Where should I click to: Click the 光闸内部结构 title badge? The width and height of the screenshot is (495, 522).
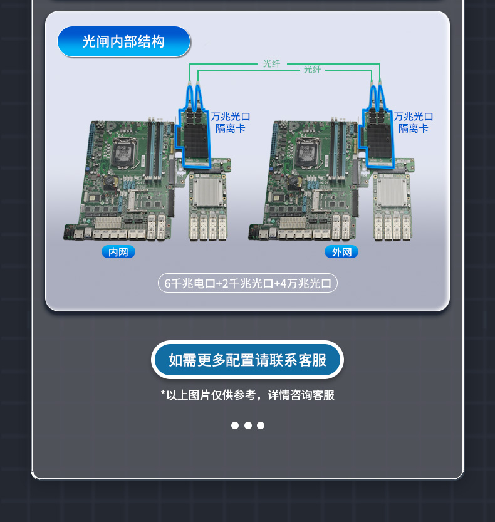[124, 41]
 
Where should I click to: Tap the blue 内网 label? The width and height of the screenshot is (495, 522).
[118, 252]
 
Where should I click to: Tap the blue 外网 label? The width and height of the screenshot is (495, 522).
[341, 252]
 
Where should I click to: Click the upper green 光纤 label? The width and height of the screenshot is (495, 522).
[272, 63]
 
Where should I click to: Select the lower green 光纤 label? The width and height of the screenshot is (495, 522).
[312, 69]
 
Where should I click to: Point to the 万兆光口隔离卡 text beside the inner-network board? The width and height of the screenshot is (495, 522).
[231, 123]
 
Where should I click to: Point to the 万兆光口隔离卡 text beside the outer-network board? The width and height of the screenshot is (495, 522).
[414, 123]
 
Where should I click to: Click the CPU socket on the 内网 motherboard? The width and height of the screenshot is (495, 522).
[124, 153]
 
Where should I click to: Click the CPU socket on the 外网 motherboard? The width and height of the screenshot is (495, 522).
[308, 153]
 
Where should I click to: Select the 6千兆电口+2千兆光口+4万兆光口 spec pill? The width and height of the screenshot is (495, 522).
[247, 283]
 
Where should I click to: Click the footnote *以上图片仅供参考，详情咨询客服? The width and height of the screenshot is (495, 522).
[247, 395]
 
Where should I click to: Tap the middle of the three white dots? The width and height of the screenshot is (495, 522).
[248, 425]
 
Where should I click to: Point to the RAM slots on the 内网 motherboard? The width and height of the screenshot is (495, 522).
[155, 150]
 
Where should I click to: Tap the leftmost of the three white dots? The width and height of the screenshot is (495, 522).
[235, 425]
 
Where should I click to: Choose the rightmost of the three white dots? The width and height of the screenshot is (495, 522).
[261, 425]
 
